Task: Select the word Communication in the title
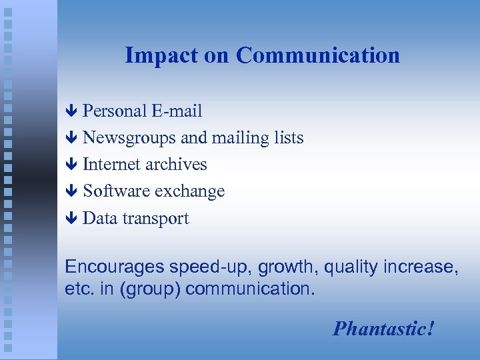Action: (x=317, y=55)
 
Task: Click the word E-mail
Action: (x=176, y=111)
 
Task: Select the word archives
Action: (x=176, y=164)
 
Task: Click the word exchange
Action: (x=189, y=191)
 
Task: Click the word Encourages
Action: (x=114, y=267)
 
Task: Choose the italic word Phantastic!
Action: (x=384, y=329)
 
